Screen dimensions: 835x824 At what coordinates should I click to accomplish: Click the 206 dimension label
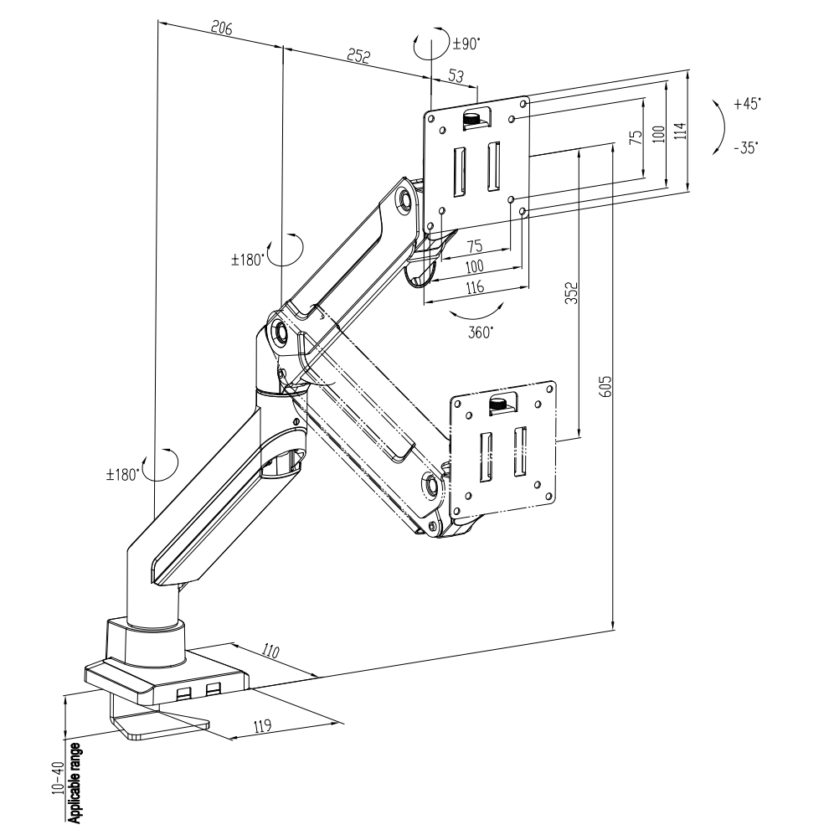click(x=220, y=28)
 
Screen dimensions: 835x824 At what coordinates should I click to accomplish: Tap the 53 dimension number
click(x=456, y=76)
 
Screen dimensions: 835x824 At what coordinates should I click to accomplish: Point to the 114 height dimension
click(x=679, y=131)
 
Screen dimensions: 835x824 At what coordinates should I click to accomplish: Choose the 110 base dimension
click(x=270, y=651)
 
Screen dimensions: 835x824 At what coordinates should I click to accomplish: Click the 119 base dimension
click(x=262, y=727)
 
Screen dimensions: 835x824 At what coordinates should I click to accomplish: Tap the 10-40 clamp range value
click(x=57, y=781)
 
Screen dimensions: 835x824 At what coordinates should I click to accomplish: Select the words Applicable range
click(x=75, y=779)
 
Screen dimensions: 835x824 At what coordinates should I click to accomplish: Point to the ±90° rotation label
click(x=466, y=44)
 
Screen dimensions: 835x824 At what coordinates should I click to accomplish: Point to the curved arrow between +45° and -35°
click(x=718, y=126)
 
